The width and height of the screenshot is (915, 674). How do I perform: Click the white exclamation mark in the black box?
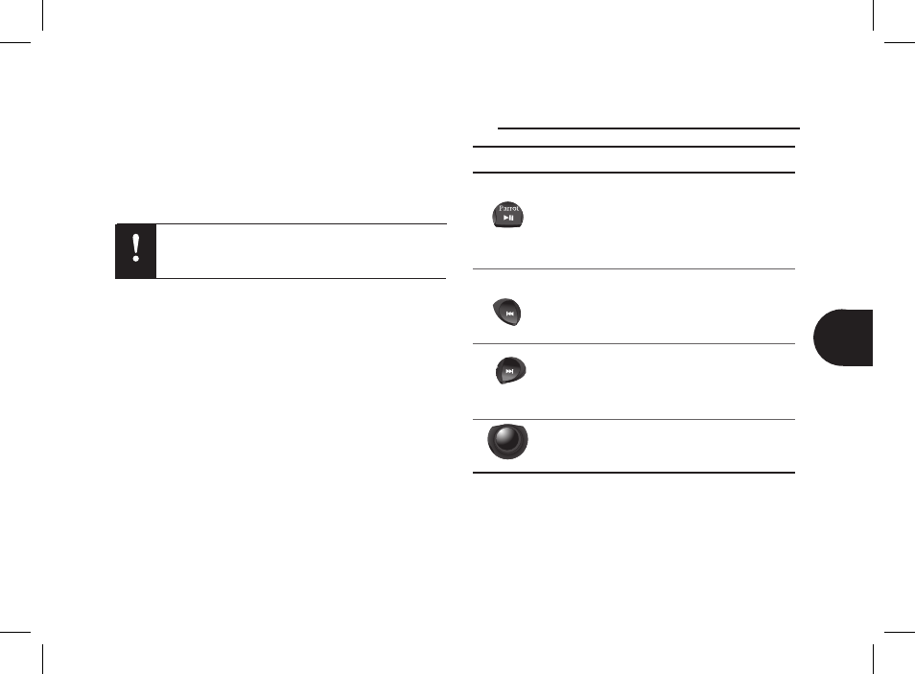point(136,248)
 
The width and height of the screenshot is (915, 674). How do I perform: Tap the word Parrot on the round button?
point(508,208)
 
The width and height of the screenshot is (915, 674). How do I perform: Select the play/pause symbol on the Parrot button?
point(509,218)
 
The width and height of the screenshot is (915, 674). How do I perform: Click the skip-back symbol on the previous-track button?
point(509,314)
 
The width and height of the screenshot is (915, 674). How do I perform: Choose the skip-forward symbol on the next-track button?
point(509,371)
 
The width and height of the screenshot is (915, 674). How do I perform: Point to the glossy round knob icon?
point(507,441)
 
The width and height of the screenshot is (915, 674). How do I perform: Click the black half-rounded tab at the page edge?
point(843,337)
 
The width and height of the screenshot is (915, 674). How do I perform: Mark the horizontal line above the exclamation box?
point(281,223)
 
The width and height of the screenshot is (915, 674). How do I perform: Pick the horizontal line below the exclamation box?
point(281,278)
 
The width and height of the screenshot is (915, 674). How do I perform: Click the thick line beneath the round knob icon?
point(634,473)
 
